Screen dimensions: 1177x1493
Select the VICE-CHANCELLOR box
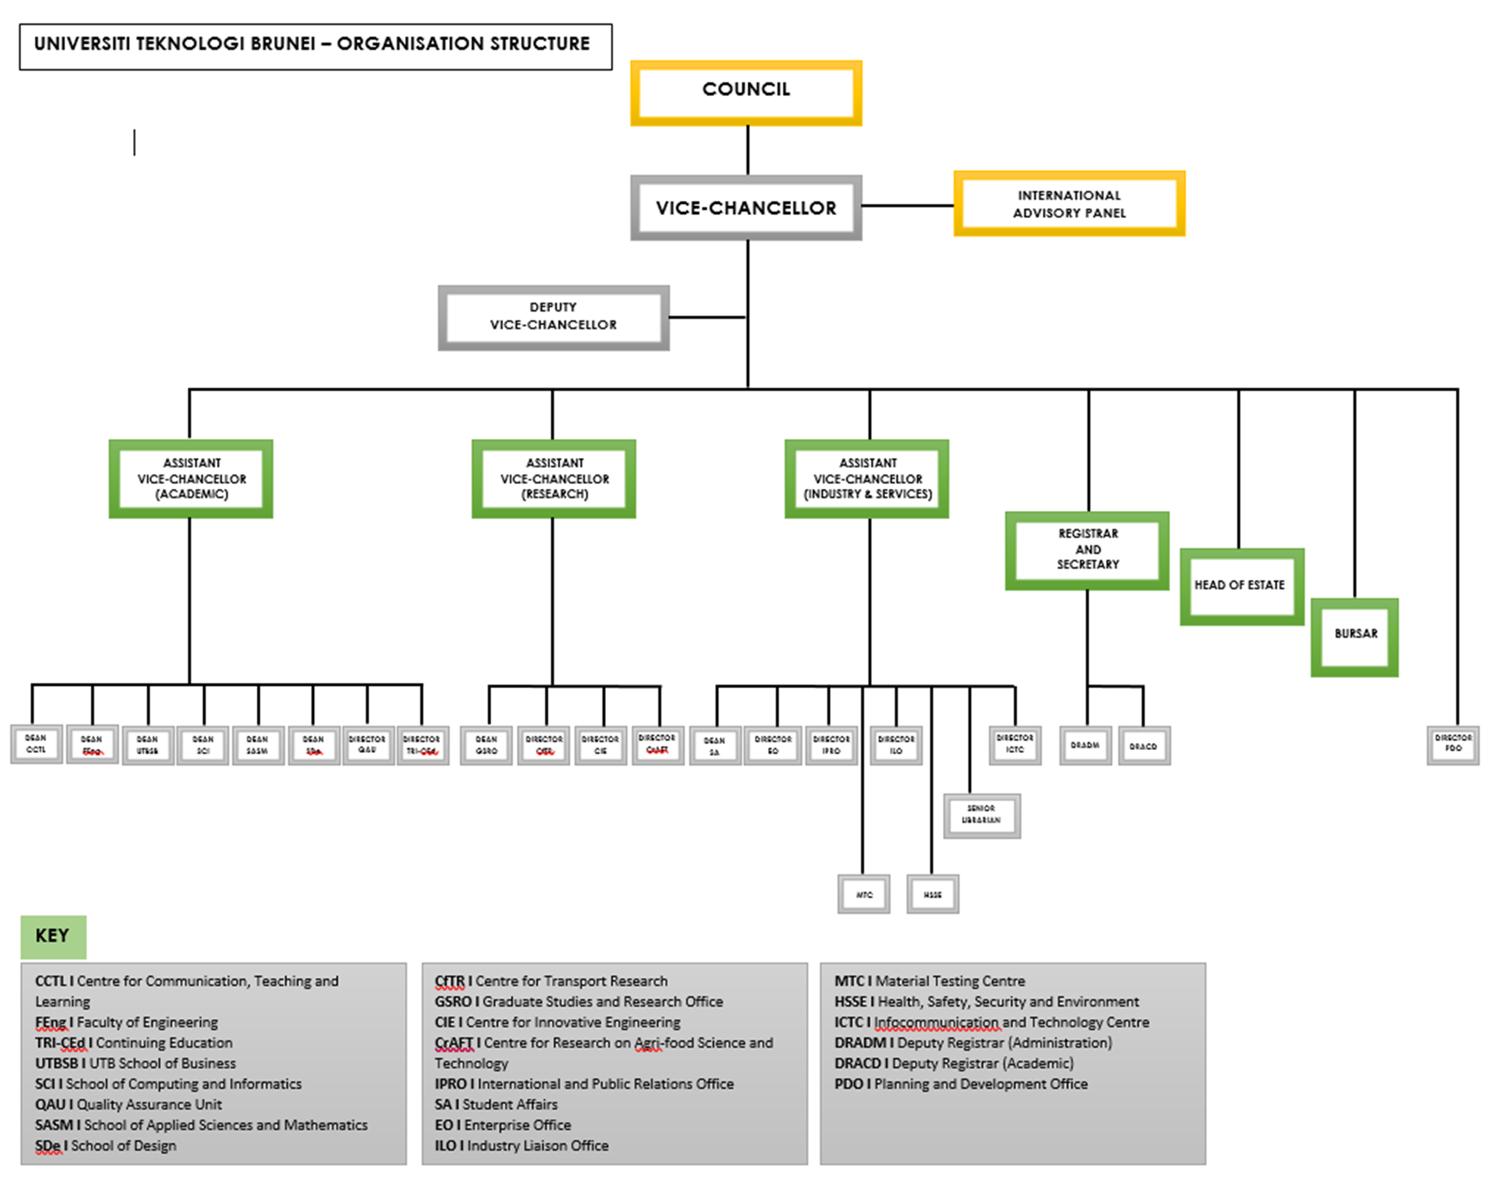746,207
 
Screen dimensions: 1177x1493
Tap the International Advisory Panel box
1068,204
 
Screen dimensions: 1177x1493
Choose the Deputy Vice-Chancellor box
553,317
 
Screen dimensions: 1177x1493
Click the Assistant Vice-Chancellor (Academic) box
191,478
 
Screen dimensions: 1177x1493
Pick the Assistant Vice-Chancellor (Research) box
554,478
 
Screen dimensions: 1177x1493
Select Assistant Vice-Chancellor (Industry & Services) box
867,478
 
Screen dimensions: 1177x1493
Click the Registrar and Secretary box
1087,550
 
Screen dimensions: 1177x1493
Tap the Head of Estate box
1242,586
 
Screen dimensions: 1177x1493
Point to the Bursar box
1354,636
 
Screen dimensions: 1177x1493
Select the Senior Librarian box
981,815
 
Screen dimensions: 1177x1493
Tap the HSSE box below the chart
932,894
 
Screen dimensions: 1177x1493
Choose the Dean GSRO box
487,745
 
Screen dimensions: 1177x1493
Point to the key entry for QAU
129,1105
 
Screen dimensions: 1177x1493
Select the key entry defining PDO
960,1084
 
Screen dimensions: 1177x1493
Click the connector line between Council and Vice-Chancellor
747,150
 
